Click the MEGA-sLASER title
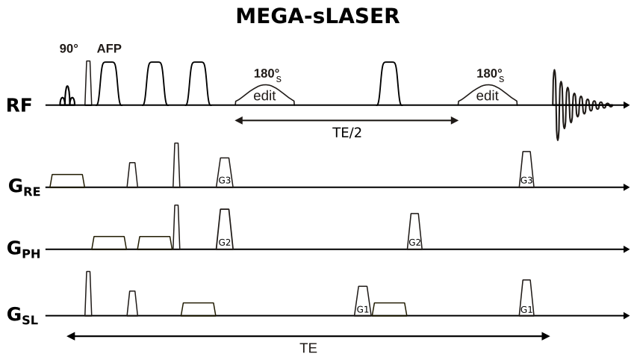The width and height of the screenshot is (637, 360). click(317, 16)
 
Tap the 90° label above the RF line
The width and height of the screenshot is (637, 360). click(69, 49)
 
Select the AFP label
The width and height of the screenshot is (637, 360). click(109, 49)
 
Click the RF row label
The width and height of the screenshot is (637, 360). click(19, 105)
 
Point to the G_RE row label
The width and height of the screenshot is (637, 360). click(25, 187)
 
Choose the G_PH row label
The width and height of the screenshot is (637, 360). click(25, 249)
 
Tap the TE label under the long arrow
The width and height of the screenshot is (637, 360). click(308, 348)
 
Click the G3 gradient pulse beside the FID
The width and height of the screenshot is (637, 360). click(526, 170)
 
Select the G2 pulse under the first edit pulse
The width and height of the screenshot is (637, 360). click(224, 230)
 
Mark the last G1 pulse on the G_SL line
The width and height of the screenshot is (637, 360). click(526, 299)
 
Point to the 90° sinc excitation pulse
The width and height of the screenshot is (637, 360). click(67, 97)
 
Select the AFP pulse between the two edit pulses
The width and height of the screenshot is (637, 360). click(389, 84)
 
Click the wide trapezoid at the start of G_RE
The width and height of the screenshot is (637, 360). click(67, 180)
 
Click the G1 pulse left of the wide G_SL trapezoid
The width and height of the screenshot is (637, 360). click(362, 301)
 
